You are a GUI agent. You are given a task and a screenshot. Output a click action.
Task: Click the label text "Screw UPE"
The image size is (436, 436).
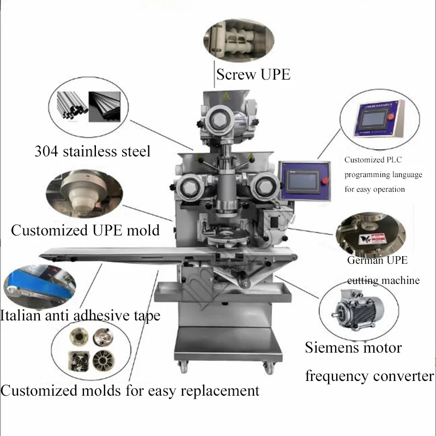(253, 75)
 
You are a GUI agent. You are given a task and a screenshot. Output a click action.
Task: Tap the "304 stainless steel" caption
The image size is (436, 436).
(93, 150)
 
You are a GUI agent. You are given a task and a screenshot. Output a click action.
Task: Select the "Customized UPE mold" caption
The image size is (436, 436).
(85, 230)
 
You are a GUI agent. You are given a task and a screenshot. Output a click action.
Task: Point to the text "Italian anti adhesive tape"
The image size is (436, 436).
(80, 314)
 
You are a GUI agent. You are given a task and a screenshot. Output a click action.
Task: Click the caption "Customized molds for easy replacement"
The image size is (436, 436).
(130, 390)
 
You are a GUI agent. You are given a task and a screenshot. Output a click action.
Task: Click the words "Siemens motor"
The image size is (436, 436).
(353, 347)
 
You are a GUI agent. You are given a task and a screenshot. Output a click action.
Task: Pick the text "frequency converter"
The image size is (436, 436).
(370, 376)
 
